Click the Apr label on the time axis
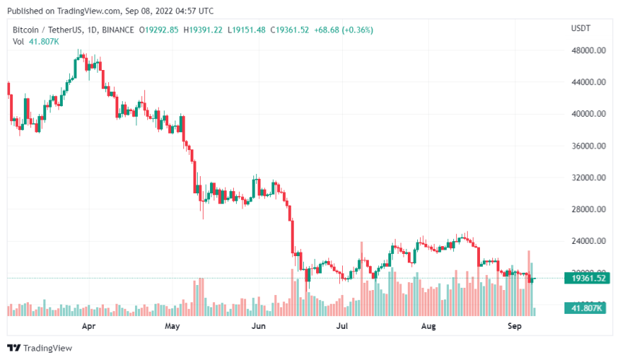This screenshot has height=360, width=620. (89, 326)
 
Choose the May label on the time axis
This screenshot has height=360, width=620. (171, 326)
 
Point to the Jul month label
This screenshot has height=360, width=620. (342, 326)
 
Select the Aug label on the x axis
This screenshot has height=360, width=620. (429, 326)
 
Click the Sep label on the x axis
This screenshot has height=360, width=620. (515, 326)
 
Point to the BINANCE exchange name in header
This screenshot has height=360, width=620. (118, 30)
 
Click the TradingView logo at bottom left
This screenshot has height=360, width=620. (40, 347)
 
